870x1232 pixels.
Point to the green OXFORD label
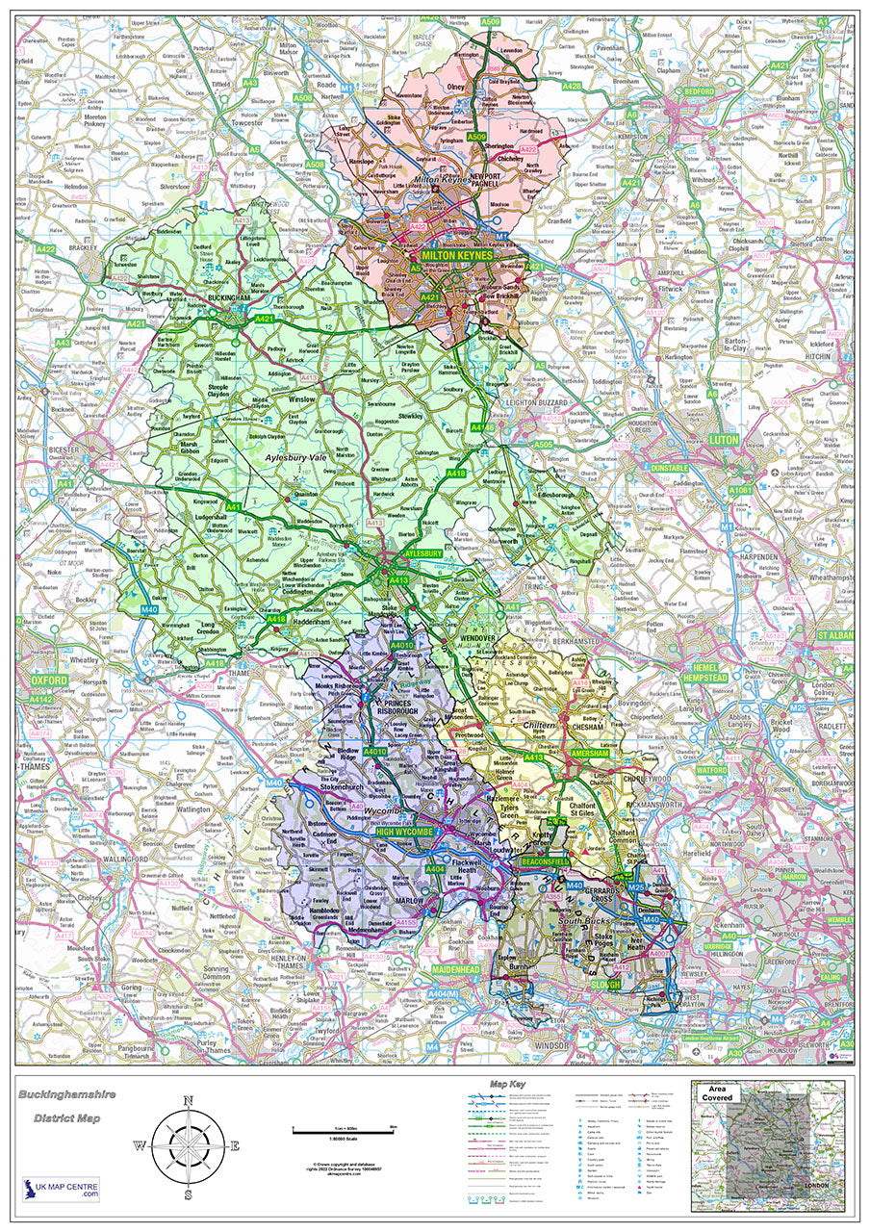tap(41, 680)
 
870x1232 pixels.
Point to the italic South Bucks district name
tap(584, 922)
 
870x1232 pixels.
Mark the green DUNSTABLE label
tap(670, 468)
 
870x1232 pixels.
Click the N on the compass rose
tap(188, 1102)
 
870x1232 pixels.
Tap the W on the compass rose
tap(139, 1145)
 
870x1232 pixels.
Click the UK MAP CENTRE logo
tap(61, 1189)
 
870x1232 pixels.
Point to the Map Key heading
tap(510, 1085)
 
